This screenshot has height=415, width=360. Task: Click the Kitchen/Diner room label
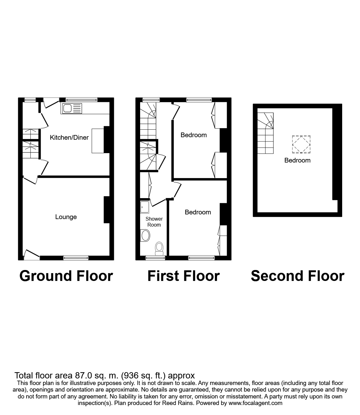[x=69, y=137]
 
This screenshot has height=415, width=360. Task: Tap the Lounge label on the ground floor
[x=66, y=217]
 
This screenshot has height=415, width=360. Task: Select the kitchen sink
[x=72, y=109]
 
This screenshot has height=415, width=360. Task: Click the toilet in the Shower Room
[x=160, y=247]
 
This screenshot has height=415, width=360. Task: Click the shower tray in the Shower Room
[x=145, y=207]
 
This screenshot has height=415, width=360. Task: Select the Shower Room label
[x=154, y=222]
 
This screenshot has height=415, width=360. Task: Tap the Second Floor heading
[x=297, y=276]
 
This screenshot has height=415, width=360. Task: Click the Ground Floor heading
[x=66, y=276]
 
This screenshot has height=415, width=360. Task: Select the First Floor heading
[x=183, y=276]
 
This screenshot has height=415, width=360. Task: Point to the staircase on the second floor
[x=265, y=133]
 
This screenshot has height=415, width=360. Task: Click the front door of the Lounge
[x=32, y=255]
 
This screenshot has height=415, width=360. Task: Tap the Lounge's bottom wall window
[x=76, y=258]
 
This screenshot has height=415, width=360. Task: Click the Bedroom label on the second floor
[x=297, y=160]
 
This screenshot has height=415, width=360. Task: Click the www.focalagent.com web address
[x=256, y=403]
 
